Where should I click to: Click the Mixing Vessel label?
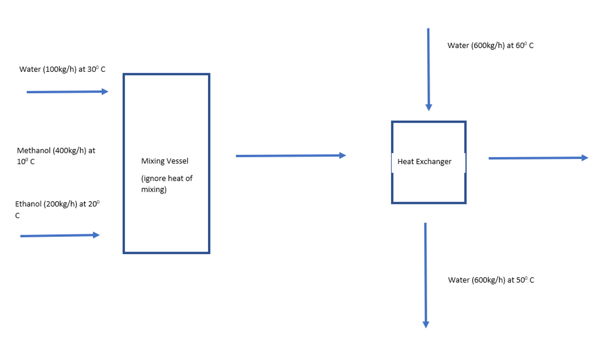click(x=165, y=161)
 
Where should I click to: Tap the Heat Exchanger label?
click(x=424, y=161)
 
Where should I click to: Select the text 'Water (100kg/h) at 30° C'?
click(x=62, y=70)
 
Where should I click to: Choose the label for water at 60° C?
click(x=490, y=46)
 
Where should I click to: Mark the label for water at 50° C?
click(x=491, y=280)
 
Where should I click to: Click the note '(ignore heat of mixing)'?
click(x=166, y=184)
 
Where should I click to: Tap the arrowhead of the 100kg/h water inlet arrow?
click(x=105, y=91)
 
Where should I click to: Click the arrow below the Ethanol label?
click(x=60, y=236)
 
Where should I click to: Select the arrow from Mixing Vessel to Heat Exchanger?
click(x=291, y=156)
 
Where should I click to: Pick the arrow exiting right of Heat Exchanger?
click(x=538, y=158)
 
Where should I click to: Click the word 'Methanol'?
click(x=34, y=151)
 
